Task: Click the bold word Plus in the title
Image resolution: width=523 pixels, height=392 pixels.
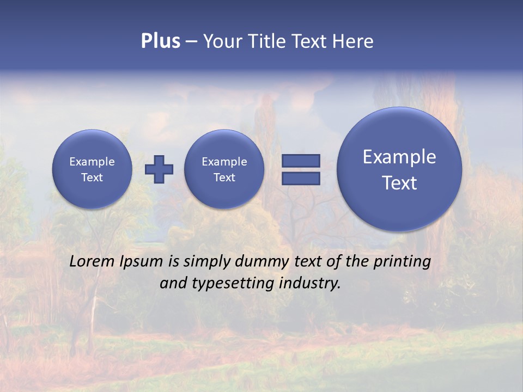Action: (x=160, y=41)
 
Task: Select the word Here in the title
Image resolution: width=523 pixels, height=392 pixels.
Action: (x=352, y=41)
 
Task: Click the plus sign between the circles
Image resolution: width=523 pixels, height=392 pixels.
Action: (x=159, y=169)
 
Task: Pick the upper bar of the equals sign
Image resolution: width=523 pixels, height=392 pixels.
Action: (x=300, y=161)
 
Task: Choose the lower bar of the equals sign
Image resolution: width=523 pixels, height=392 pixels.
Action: (x=300, y=179)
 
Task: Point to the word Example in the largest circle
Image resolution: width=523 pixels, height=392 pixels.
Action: (x=399, y=157)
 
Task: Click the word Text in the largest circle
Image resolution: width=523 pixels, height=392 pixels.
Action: (x=399, y=183)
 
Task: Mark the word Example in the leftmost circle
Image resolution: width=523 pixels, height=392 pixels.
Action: (x=92, y=162)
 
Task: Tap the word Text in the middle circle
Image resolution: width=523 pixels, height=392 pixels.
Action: (x=224, y=177)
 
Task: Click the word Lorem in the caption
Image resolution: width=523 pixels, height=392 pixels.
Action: (x=92, y=262)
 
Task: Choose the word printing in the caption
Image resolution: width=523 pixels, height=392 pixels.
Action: (x=402, y=262)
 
